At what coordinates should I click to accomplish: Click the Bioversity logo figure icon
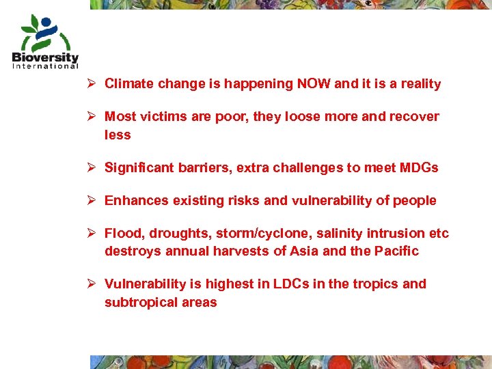(42, 31)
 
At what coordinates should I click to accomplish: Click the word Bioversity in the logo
(45, 57)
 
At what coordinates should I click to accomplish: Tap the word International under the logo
(45, 66)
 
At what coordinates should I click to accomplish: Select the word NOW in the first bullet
(314, 84)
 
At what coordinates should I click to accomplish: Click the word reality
(418, 84)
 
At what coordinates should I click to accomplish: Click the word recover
(414, 117)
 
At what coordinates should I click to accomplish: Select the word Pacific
(396, 251)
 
